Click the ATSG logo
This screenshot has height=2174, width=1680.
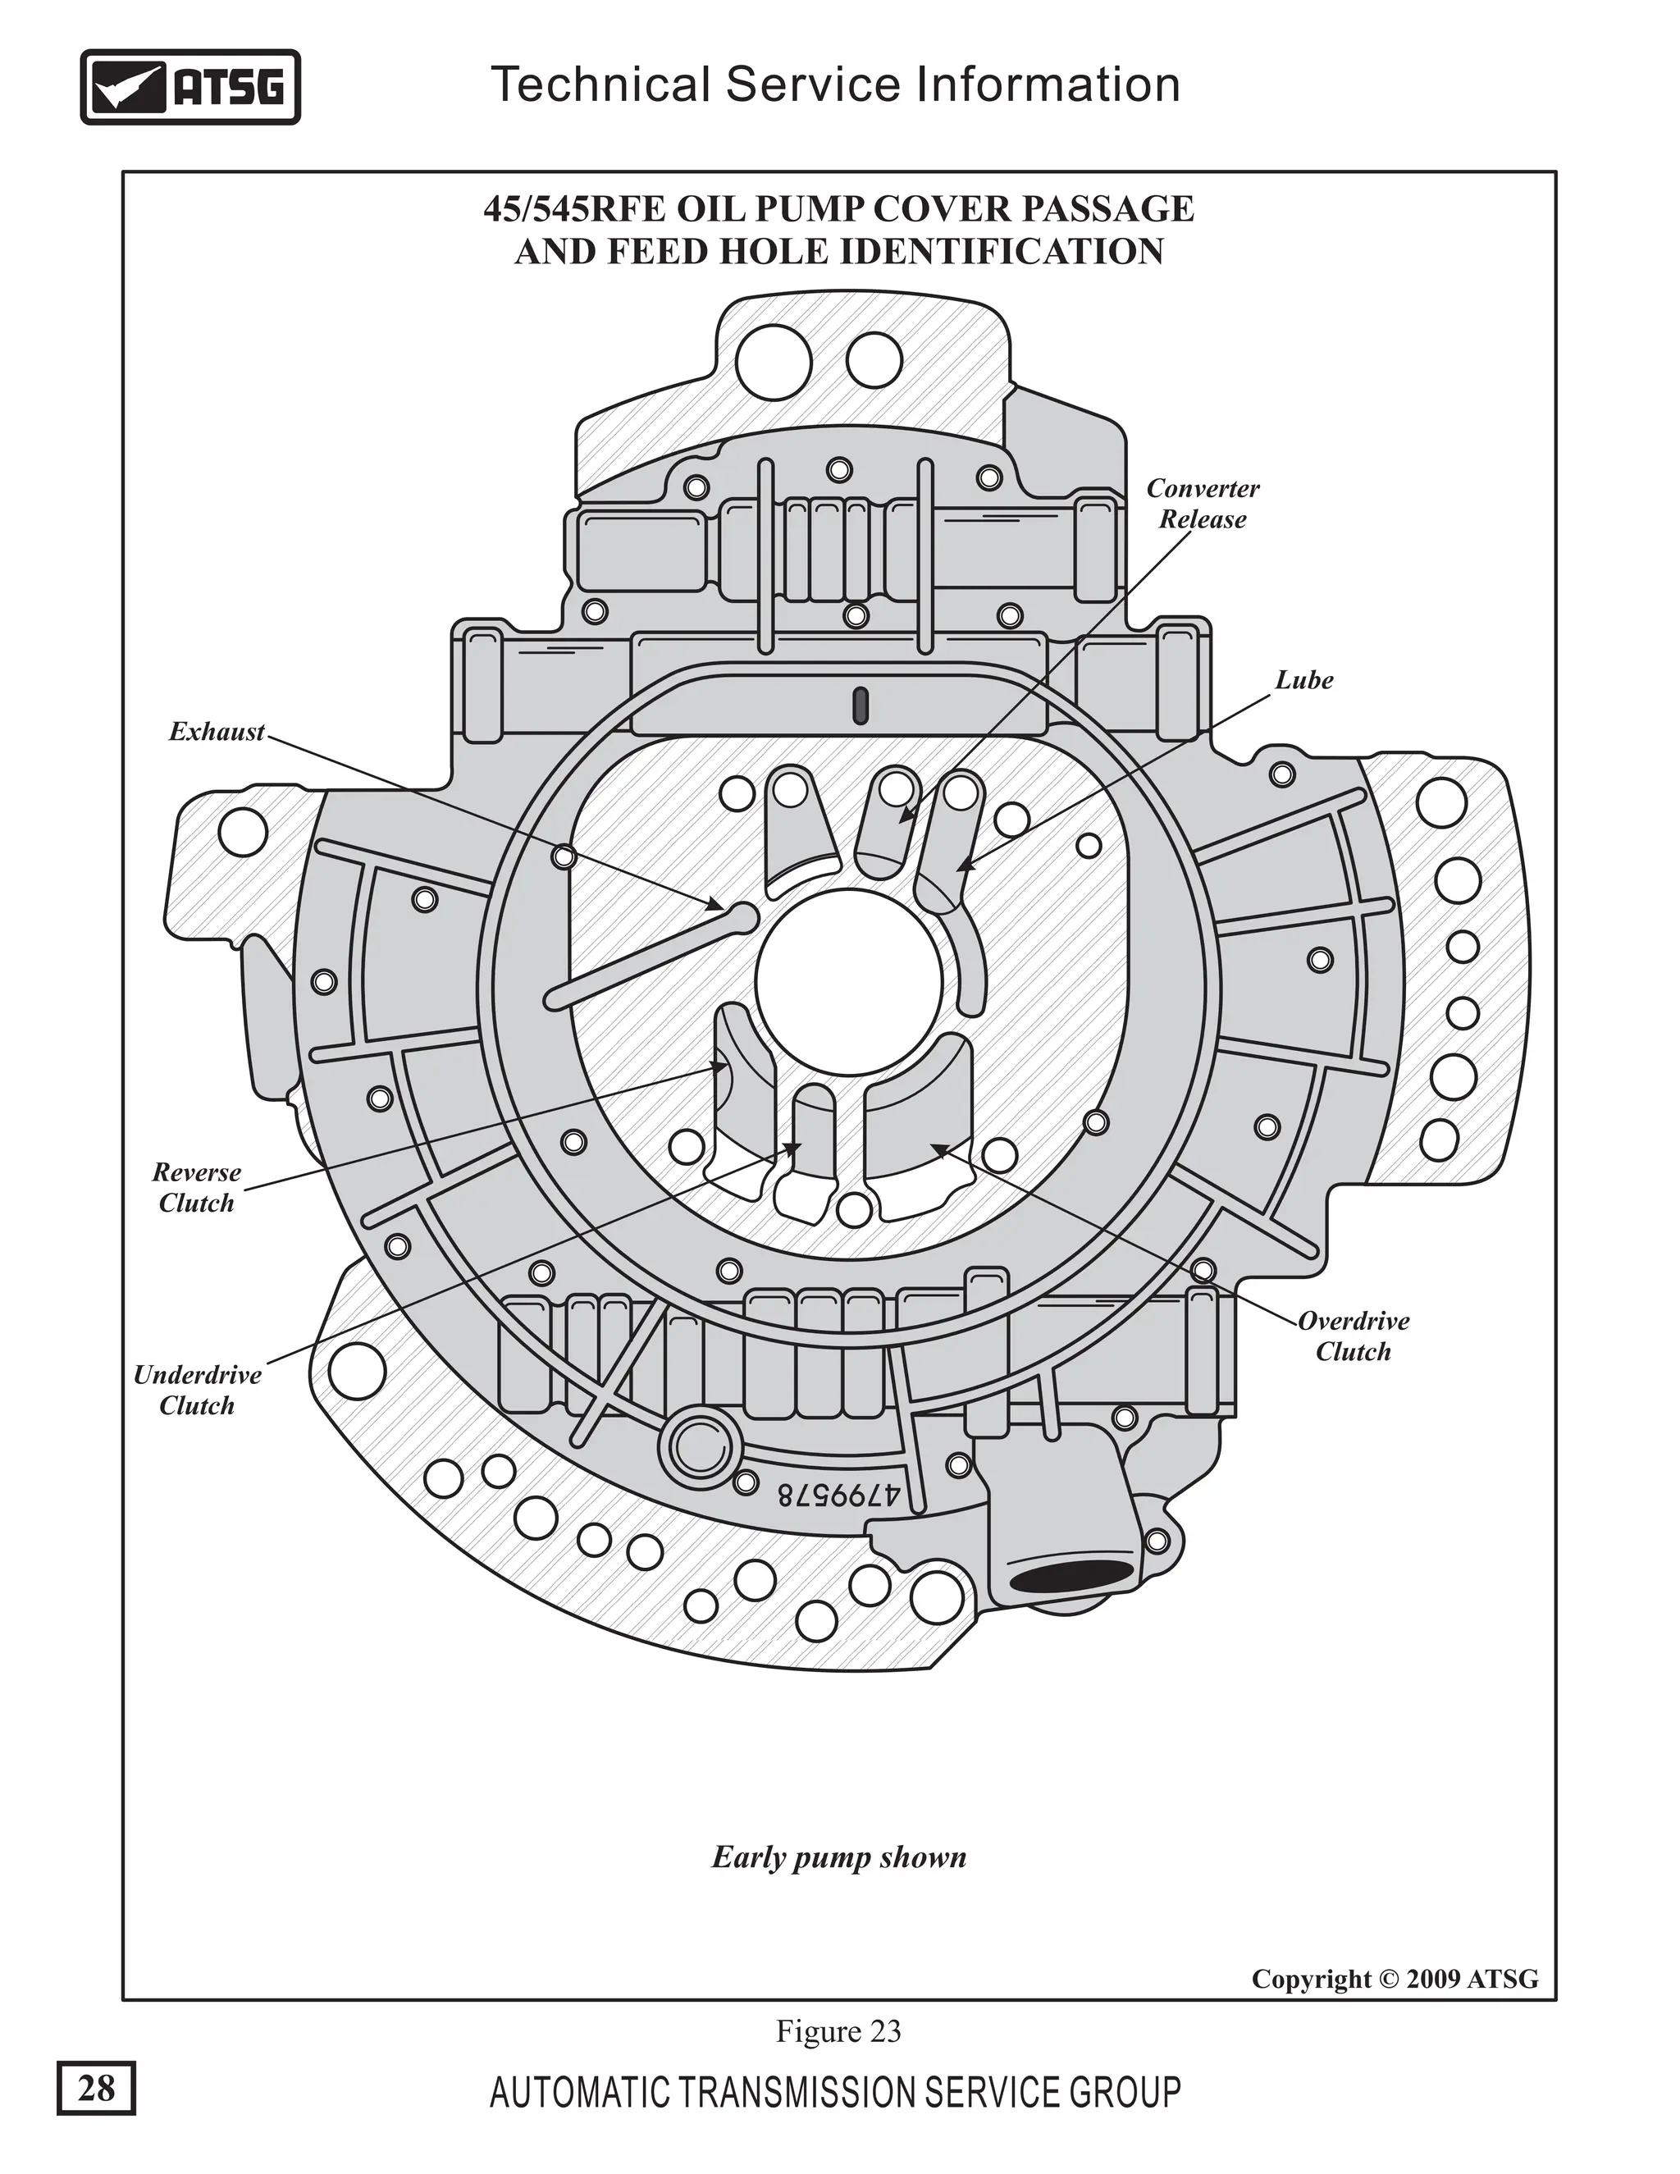tap(189, 88)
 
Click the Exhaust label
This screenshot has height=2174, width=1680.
tap(217, 732)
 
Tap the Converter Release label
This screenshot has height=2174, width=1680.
tap(1203, 504)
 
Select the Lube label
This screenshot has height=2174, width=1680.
tap(1303, 680)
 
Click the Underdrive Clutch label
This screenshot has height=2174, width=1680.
tap(197, 1390)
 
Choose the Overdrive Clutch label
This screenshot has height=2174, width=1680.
tap(1354, 1336)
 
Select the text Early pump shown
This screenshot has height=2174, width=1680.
tap(839, 1858)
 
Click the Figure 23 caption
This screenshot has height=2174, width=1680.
tap(838, 2030)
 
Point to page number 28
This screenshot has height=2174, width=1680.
tap(95, 2087)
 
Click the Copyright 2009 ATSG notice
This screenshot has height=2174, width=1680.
tap(1395, 1979)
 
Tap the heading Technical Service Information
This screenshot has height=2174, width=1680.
tap(835, 84)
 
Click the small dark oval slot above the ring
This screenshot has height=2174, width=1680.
tap(861, 705)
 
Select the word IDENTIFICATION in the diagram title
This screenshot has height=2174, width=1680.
tap(1002, 252)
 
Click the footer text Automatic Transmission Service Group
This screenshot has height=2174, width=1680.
tap(835, 2093)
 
